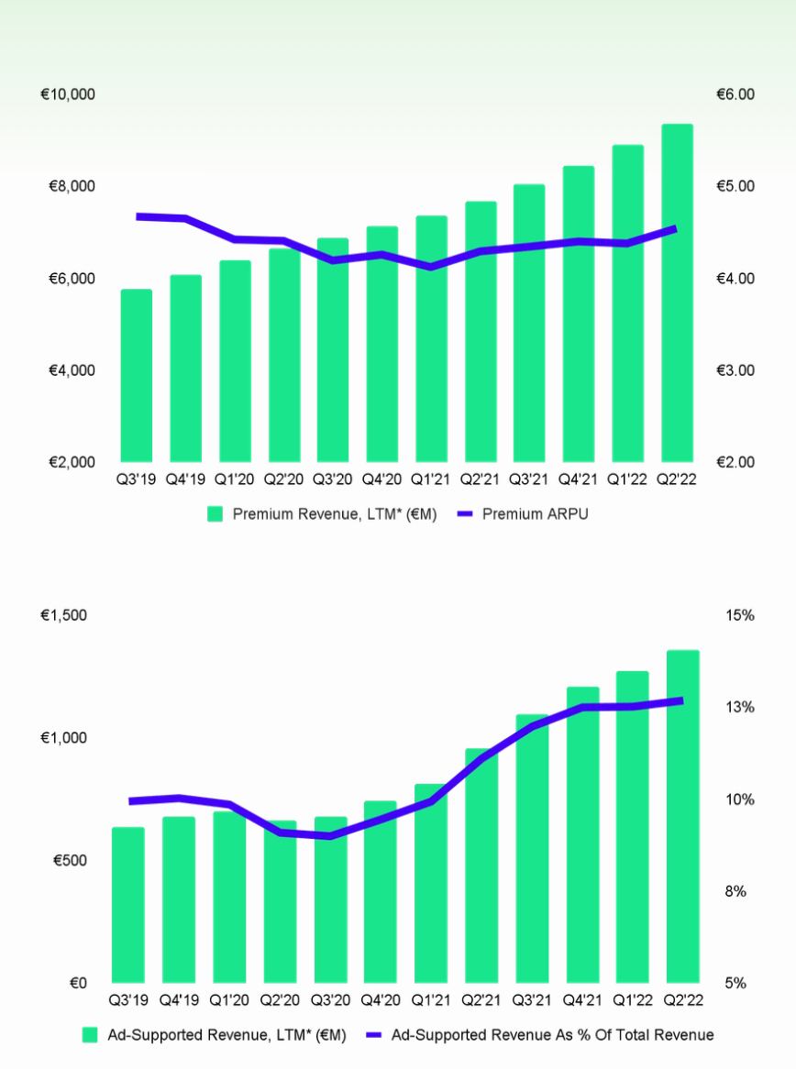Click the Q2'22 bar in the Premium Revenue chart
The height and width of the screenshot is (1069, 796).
click(x=677, y=293)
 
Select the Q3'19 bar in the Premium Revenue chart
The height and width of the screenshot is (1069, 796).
click(x=136, y=376)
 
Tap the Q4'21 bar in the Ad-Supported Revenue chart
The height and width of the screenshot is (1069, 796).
click(x=582, y=834)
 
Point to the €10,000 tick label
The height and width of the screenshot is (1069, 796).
click(x=69, y=94)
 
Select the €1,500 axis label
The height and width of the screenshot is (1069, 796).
click(x=64, y=615)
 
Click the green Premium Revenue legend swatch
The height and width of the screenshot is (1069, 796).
click(x=215, y=514)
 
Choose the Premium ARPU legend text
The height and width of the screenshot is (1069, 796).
click(x=535, y=514)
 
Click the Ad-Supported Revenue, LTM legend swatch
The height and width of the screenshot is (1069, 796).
click(x=90, y=1035)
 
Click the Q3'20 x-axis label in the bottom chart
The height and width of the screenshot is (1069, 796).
click(x=330, y=1000)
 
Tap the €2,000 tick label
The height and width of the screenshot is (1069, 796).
click(x=69, y=462)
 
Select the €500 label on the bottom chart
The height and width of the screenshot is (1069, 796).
click(x=70, y=861)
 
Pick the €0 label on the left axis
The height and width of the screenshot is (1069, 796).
click(x=78, y=983)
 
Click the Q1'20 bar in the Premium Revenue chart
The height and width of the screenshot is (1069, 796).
click(x=235, y=361)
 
